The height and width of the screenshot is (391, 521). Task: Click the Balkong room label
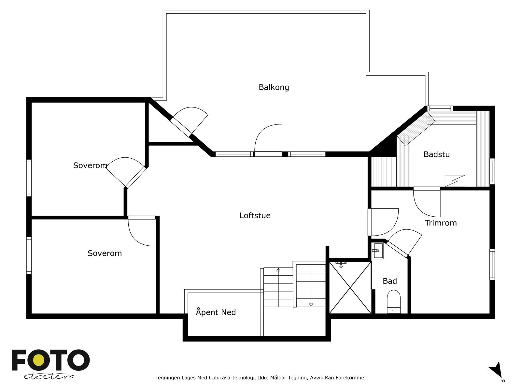274,87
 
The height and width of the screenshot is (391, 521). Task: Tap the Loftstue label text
255,215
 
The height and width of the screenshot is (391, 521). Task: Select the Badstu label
436,154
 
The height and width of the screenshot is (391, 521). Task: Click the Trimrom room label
441,223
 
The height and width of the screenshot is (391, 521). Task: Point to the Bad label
389,281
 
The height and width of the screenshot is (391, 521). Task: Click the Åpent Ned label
216,312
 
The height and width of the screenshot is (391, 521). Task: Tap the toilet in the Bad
394,301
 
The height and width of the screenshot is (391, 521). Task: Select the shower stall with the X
350,287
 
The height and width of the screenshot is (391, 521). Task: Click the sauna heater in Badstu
455,181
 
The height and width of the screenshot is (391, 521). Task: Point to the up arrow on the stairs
278,269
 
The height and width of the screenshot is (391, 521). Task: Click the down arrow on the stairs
311,305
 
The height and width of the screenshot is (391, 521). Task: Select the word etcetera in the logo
49,376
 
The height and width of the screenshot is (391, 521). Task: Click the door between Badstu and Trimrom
427,202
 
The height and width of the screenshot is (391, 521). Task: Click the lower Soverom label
105,253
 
